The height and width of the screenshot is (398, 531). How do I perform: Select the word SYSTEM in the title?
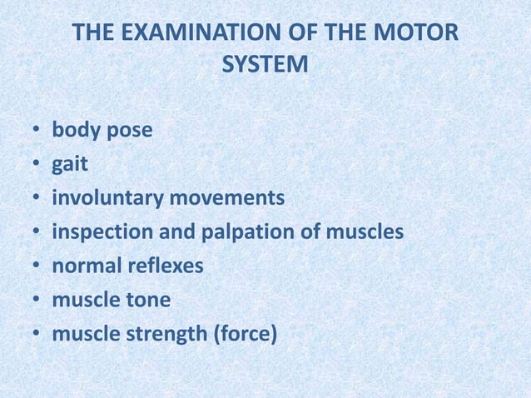(265, 63)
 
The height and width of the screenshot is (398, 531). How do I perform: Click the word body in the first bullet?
(76, 131)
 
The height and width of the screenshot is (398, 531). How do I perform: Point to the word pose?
(128, 132)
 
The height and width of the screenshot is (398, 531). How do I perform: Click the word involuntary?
(107, 200)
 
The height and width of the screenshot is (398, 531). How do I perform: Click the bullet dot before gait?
(37, 166)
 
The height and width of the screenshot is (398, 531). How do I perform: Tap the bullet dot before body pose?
(37, 132)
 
